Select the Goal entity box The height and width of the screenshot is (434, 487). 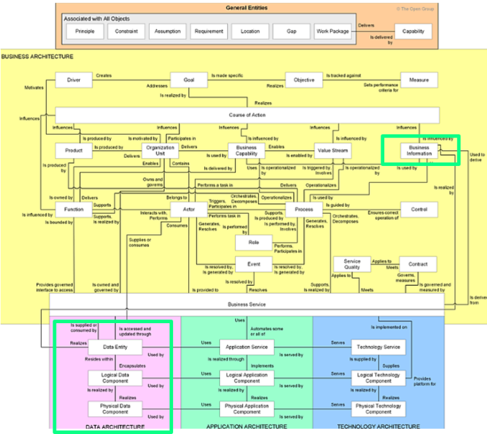(x=189, y=80)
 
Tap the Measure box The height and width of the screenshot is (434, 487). (x=419, y=80)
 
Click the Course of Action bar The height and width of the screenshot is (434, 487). (x=247, y=115)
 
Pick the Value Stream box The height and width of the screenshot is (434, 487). (x=332, y=150)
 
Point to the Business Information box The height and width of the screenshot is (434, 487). (x=419, y=150)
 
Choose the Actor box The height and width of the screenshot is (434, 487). (x=189, y=209)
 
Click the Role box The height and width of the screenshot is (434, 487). (x=254, y=242)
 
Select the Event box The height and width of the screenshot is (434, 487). (x=254, y=264)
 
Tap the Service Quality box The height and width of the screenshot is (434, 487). (x=352, y=264)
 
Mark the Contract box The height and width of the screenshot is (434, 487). (x=419, y=264)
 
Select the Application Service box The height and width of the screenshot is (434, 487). (x=247, y=347)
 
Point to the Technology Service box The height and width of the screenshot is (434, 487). (x=379, y=347)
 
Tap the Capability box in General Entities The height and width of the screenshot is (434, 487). (x=413, y=31)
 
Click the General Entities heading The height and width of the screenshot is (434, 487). (x=247, y=8)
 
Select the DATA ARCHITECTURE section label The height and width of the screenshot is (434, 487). (x=115, y=427)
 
